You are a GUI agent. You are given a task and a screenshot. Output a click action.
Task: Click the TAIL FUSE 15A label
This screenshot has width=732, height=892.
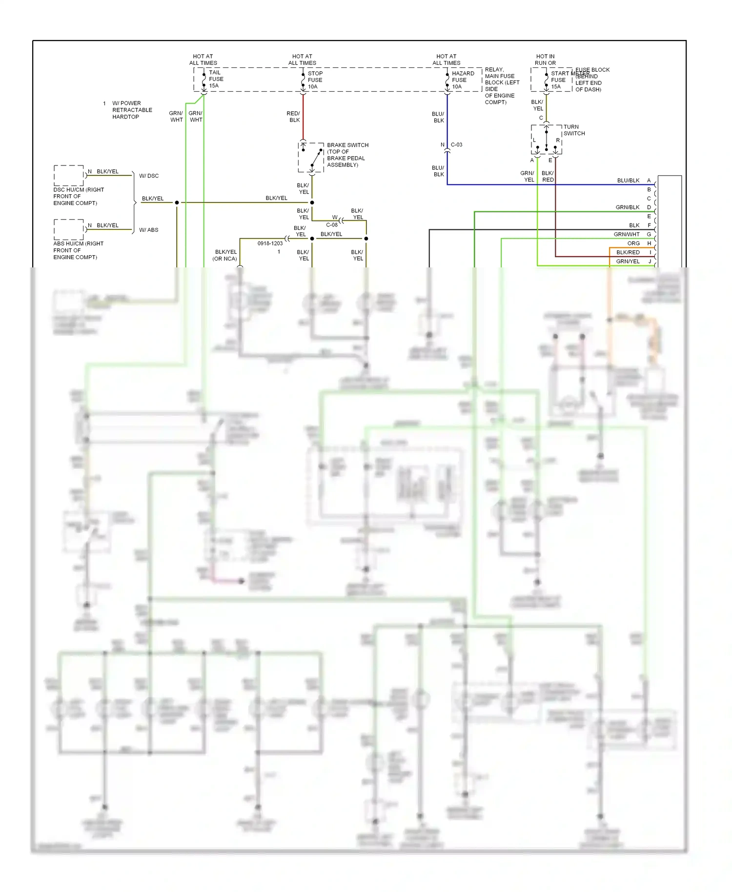tap(216, 79)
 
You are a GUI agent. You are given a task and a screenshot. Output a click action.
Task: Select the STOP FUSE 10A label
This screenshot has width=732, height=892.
tap(315, 80)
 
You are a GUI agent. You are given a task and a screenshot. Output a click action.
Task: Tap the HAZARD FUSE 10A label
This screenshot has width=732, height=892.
tap(462, 80)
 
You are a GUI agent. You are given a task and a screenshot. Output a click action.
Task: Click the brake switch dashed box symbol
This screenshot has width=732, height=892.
tap(311, 157)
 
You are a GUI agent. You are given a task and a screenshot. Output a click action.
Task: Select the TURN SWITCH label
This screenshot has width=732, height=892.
tap(574, 130)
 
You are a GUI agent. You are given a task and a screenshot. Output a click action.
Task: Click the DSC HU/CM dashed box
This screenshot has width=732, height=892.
tap(68, 175)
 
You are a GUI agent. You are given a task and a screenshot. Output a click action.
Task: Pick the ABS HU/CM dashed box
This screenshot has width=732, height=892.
tap(68, 229)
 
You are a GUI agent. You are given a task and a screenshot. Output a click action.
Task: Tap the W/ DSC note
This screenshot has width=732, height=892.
tap(149, 176)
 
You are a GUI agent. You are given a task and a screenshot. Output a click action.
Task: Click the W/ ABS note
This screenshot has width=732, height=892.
tap(149, 230)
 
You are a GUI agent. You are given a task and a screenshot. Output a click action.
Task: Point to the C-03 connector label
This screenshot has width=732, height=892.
tap(456, 145)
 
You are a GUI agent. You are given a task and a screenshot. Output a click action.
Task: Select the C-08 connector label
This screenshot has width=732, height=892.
tap(332, 225)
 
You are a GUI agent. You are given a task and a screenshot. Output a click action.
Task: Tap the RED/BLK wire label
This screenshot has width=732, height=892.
tap(294, 117)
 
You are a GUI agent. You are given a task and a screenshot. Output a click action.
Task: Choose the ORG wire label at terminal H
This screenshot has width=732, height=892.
tap(633, 243)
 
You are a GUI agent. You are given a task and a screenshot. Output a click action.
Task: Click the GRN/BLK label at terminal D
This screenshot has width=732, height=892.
tap(628, 207)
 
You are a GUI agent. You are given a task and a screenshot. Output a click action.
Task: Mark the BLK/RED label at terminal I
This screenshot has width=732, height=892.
tap(628, 252)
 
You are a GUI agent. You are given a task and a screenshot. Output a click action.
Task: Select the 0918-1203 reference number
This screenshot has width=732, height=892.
tap(270, 243)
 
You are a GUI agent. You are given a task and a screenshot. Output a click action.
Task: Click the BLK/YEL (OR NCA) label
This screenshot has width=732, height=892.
tap(225, 255)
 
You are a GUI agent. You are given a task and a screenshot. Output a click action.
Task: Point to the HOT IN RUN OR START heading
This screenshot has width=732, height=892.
tap(545, 60)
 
